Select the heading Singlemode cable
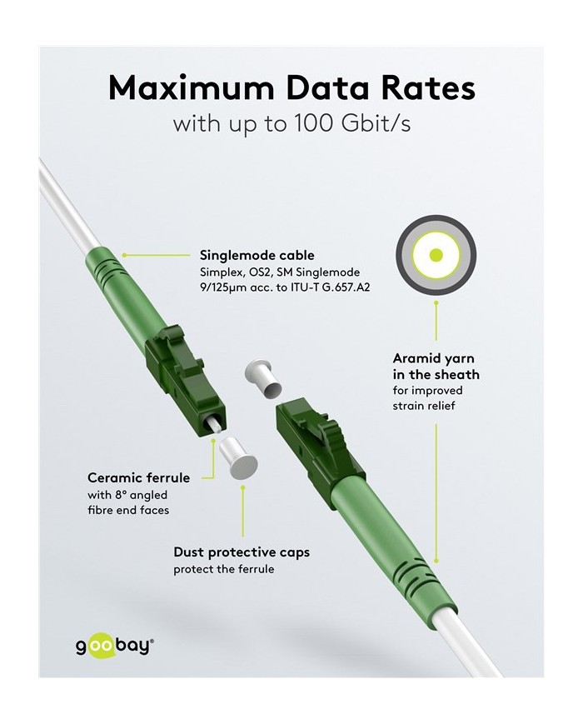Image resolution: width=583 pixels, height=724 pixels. pyautogui.click(x=257, y=255)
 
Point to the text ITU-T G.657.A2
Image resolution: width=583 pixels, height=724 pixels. pyautogui.click(x=330, y=287)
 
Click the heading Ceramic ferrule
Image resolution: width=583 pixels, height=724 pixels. pyautogui.click(x=138, y=477)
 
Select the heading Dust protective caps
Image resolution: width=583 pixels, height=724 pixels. pyautogui.click(x=242, y=552)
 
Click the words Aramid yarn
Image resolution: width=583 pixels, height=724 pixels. pyautogui.click(x=433, y=359)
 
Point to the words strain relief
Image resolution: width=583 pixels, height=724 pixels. pyautogui.click(x=423, y=406)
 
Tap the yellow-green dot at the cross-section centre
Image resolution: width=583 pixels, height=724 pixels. pyautogui.click(x=436, y=255)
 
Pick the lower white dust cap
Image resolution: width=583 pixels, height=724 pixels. pyautogui.click(x=238, y=458)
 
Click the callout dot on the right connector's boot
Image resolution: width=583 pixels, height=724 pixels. pyautogui.click(x=436, y=561)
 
